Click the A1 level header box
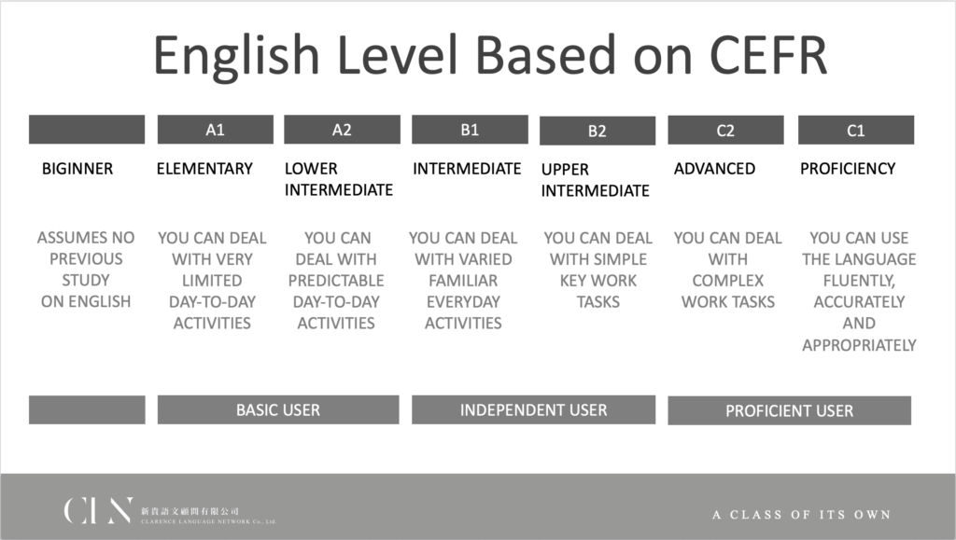[216, 129]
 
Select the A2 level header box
[342, 129]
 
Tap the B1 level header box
[470, 129]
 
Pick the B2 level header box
[597, 131]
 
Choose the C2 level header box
[725, 130]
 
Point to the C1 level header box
[856, 130]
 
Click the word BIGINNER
[77, 169]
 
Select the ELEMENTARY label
[204, 169]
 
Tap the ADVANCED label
[714, 169]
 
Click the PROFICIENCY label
[848, 169]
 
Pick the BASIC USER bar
[278, 409]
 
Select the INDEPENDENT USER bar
[533, 409]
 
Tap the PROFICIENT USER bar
[790, 410]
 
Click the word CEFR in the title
[768, 55]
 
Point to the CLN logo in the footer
[97, 510]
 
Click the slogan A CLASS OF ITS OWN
[801, 515]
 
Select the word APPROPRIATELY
[859, 345]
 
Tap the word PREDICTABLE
[336, 281]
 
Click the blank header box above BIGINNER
[87, 129]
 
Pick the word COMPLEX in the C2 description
[728, 281]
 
